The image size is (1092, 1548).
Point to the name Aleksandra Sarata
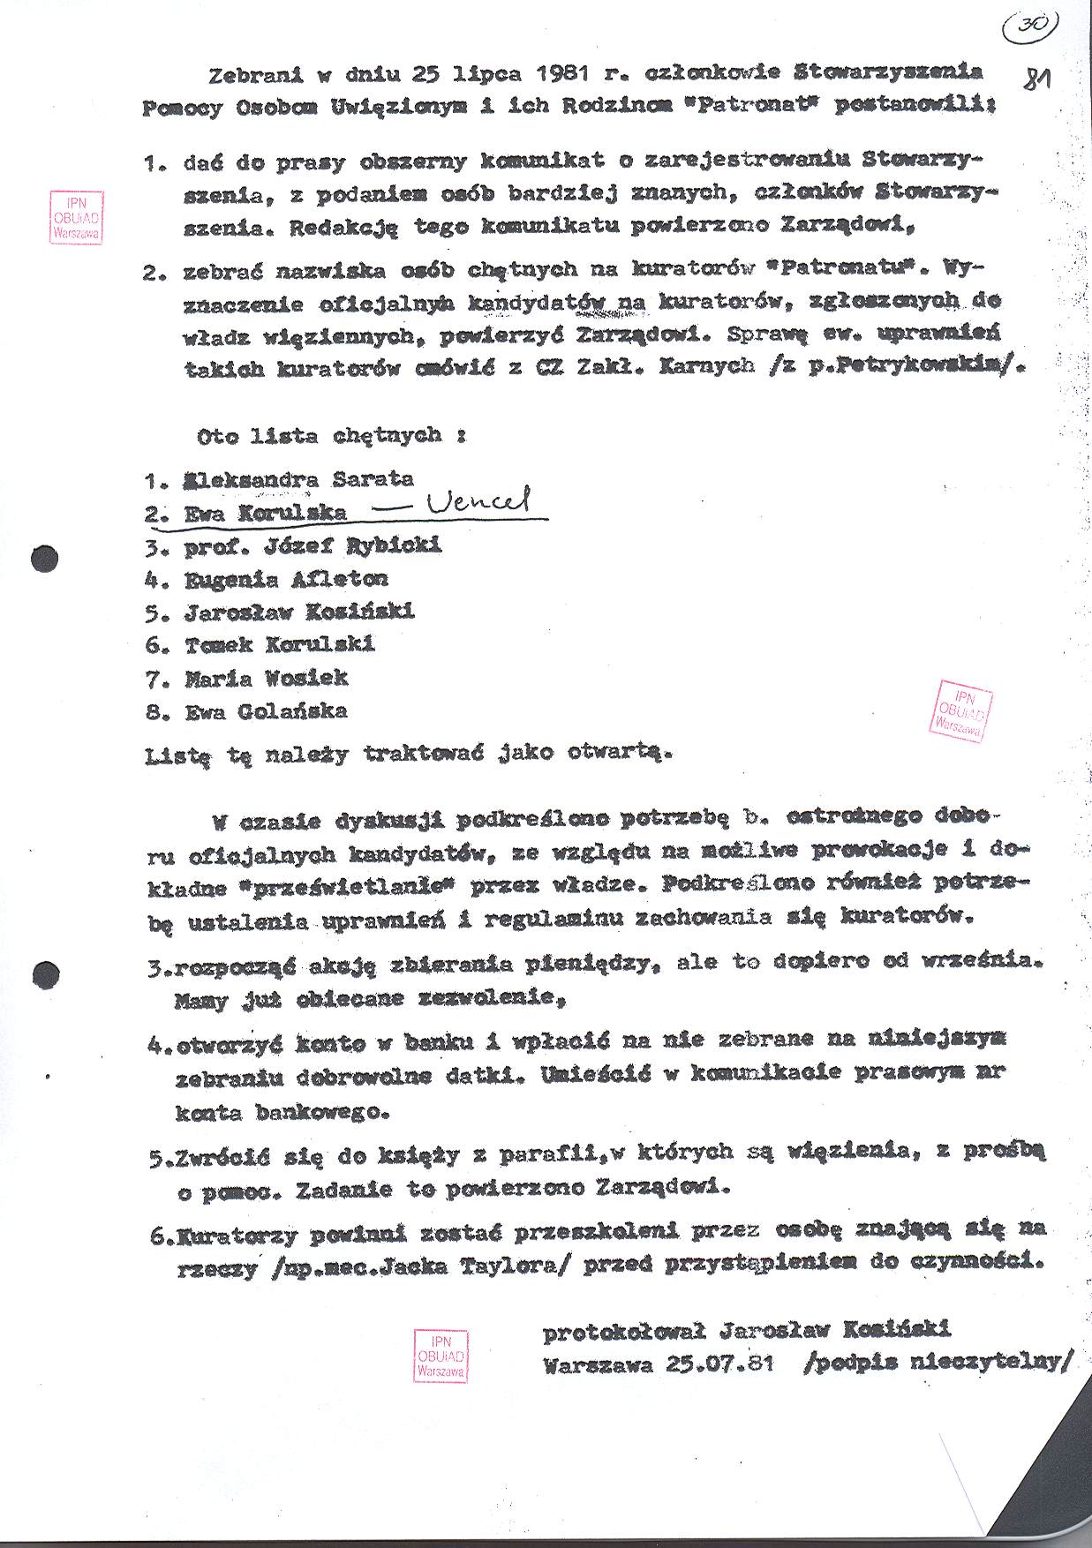298,480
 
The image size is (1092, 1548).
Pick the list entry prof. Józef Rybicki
313,546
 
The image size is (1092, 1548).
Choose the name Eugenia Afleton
286,579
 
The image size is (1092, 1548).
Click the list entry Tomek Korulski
280,644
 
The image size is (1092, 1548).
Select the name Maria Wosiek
266,678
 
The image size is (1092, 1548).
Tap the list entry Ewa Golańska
266,710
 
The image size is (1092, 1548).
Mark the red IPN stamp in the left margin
77,217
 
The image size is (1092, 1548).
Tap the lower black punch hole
45,973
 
